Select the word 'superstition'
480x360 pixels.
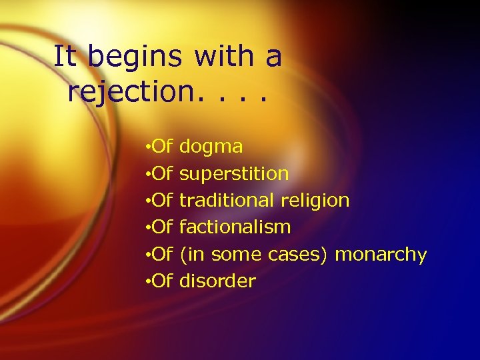point(234,175)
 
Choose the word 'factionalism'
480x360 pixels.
point(235,227)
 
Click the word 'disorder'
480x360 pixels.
point(217,281)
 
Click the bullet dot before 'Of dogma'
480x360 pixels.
point(147,147)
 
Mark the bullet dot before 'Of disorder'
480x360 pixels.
point(147,281)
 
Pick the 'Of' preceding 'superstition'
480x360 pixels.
point(163,174)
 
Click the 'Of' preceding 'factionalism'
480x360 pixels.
point(163,227)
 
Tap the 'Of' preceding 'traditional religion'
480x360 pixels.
point(163,201)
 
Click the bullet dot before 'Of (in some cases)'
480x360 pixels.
point(147,255)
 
